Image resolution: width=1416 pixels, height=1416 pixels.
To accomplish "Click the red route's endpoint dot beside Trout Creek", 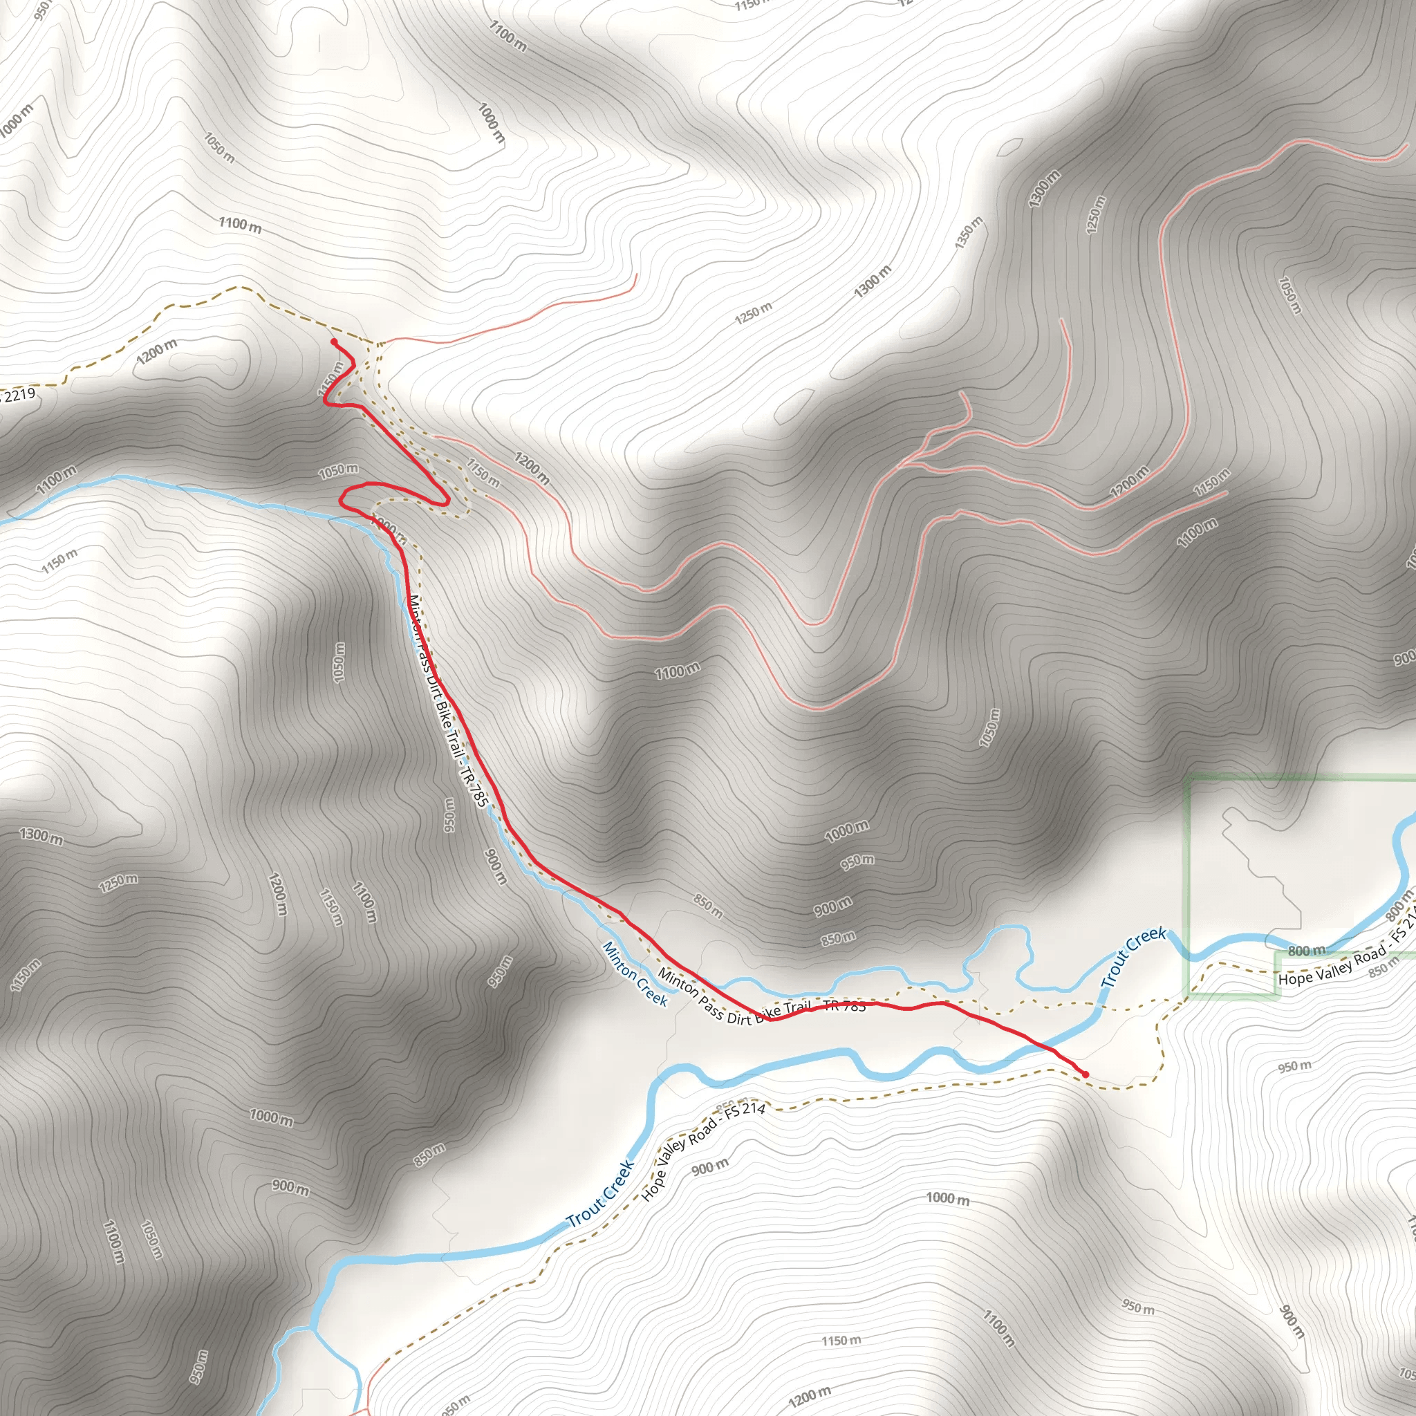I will click(1086, 1074).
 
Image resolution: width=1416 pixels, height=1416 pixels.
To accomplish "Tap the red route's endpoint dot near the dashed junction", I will click(333, 342).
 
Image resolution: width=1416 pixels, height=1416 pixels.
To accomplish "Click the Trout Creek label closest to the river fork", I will click(600, 1195).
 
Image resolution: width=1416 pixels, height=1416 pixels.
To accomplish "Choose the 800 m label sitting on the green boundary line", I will click(1307, 951).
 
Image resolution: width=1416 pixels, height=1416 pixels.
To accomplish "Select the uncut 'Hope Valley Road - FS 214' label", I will click(703, 1151).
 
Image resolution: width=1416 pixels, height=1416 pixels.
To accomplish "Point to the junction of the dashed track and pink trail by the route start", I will click(378, 343).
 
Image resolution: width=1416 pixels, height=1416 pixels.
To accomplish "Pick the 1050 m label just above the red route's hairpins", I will click(339, 471).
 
